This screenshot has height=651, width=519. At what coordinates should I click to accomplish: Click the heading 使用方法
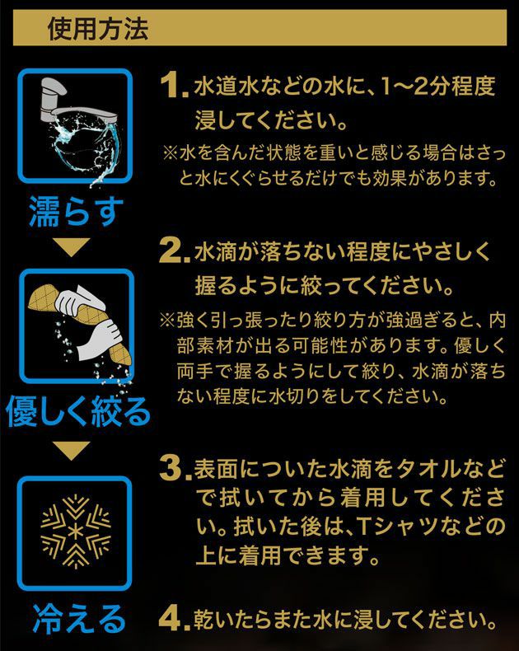(x=98, y=30)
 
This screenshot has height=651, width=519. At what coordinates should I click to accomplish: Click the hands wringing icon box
(x=76, y=328)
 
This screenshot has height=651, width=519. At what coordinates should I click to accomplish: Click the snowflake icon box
(x=76, y=527)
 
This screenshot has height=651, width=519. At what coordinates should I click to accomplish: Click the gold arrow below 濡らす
(x=76, y=246)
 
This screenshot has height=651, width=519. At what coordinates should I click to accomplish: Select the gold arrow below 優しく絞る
(x=76, y=450)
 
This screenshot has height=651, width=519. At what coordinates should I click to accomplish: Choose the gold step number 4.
(x=174, y=617)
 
